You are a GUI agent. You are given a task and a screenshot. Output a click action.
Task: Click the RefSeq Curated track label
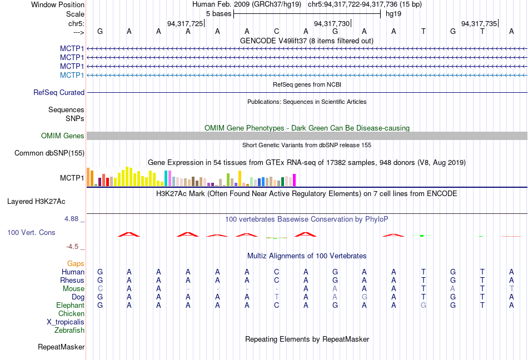pyautogui.click(x=59, y=93)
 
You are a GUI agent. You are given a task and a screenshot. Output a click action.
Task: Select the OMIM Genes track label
pyautogui.click(x=63, y=136)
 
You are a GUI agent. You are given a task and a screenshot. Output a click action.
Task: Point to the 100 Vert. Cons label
pyautogui.click(x=31, y=232)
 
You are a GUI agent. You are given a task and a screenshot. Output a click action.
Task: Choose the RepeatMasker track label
pyautogui.click(x=61, y=347)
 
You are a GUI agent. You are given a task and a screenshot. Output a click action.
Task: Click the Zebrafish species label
pyautogui.click(x=69, y=331)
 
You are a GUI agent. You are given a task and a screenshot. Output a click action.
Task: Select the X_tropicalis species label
pyautogui.click(x=66, y=322)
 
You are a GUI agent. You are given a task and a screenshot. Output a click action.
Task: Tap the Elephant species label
pyautogui.click(x=70, y=306)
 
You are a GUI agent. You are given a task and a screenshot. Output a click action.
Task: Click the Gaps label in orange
pyautogui.click(x=76, y=263)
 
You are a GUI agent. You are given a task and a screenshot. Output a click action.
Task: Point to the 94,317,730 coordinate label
pyautogui.click(x=332, y=23)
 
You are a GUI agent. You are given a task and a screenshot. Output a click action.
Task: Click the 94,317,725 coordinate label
pyautogui.click(x=185, y=23)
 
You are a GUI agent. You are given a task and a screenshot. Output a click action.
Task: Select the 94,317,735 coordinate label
pyautogui.click(x=479, y=23)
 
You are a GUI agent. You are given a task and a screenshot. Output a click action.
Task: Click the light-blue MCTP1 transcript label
pyautogui.click(x=72, y=75)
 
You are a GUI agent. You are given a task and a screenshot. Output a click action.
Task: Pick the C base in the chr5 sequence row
pyautogui.click(x=276, y=32)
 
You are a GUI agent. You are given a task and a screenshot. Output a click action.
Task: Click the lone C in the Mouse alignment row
pyautogui.click(x=100, y=289)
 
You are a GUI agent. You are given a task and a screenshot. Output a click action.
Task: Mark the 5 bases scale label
pyautogui.click(x=217, y=13)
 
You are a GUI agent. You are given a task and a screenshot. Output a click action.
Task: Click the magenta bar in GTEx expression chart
pyautogui.click(x=295, y=180)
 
